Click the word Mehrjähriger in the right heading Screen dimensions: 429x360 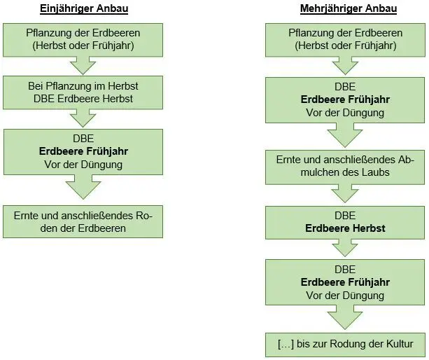coord(326,8)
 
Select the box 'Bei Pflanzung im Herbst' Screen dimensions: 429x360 coord(83,92)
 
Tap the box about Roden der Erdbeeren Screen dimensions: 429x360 coord(83,222)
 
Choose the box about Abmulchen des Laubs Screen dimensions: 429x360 coord(345,167)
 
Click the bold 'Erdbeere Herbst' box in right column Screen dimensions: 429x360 coord(345,223)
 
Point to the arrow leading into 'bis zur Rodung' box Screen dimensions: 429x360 coord(345,317)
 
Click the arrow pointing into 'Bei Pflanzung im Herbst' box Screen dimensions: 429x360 coord(83,66)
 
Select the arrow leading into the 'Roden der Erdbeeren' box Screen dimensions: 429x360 coord(83,187)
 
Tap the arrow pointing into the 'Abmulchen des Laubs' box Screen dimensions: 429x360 coord(345,135)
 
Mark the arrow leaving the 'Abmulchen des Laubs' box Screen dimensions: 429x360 coord(345,193)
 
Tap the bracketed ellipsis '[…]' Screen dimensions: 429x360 coord(286,344)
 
